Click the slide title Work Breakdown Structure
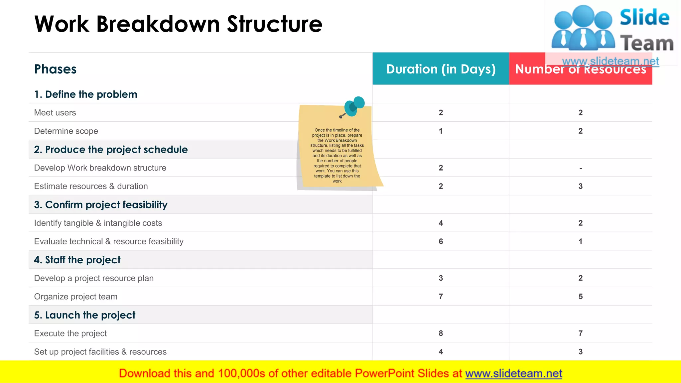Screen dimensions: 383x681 click(x=178, y=24)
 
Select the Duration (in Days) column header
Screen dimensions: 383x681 click(x=441, y=69)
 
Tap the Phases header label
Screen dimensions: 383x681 click(x=55, y=69)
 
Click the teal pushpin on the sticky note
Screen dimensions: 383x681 click(x=354, y=106)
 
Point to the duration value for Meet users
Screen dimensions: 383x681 click(x=441, y=113)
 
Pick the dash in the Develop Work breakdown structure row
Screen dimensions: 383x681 click(x=580, y=168)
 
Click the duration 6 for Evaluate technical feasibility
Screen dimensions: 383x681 click(x=441, y=241)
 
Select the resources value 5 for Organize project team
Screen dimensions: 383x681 click(x=580, y=297)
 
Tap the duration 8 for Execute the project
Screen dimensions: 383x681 click(x=441, y=333)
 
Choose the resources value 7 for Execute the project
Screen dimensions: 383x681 click(x=580, y=333)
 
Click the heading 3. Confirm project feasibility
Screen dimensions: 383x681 click(x=101, y=205)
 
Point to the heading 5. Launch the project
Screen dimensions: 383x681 click(x=85, y=315)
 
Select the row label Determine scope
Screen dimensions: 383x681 click(x=66, y=131)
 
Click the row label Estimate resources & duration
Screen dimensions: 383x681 click(x=91, y=186)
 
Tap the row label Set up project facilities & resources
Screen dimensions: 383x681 click(x=100, y=352)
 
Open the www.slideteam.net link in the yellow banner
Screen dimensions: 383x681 click(x=513, y=374)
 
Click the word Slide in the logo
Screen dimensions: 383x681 click(x=644, y=17)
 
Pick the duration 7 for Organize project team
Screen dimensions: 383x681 click(x=441, y=297)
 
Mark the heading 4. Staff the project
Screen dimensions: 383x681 click(x=77, y=260)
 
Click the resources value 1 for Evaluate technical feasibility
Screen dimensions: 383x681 click(x=580, y=241)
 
